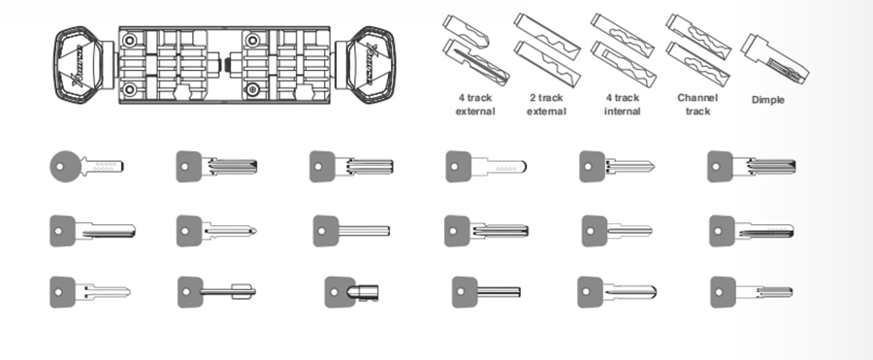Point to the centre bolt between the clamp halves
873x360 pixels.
pyautogui.click(x=226, y=64)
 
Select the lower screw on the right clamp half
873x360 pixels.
pyautogui.click(x=253, y=89)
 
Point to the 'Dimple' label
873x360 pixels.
pyautogui.click(x=769, y=99)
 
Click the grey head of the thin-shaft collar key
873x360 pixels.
pyautogui.click(x=190, y=289)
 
